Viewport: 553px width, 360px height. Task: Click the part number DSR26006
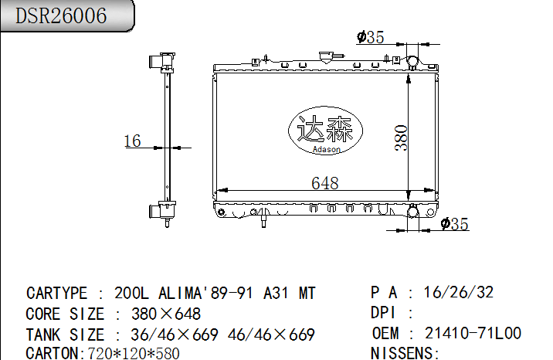(x=62, y=16)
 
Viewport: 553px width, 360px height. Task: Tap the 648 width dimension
(x=324, y=183)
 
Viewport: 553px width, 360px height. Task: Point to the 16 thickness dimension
(x=132, y=141)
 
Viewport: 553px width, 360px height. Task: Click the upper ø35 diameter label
(x=371, y=37)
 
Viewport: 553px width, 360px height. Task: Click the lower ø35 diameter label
(x=454, y=224)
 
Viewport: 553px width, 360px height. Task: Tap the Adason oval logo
(x=324, y=131)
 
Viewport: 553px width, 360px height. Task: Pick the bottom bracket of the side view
(x=165, y=210)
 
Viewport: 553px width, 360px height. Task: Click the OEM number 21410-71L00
(x=473, y=334)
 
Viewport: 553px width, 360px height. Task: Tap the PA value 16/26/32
(x=459, y=293)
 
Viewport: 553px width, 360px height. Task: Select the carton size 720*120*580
(x=131, y=353)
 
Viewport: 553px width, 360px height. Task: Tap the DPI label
(x=383, y=314)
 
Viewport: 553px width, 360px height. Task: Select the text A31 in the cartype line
(x=277, y=294)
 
